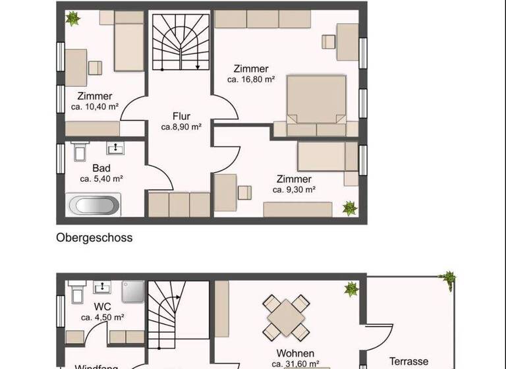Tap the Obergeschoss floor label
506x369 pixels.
[x=94, y=238]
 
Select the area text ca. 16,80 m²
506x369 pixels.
[x=251, y=80]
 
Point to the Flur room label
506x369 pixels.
[x=181, y=117]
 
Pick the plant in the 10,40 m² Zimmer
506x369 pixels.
[x=72, y=18]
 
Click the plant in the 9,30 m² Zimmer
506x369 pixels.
[x=349, y=209]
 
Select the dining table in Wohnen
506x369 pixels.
[x=287, y=316]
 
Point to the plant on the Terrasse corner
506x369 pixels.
[x=449, y=278]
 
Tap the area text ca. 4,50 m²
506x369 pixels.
[x=103, y=318]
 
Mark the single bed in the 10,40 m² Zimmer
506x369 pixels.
[x=128, y=45]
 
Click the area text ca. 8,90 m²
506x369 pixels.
[x=181, y=127]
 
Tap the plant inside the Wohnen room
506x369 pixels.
[x=351, y=289]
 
